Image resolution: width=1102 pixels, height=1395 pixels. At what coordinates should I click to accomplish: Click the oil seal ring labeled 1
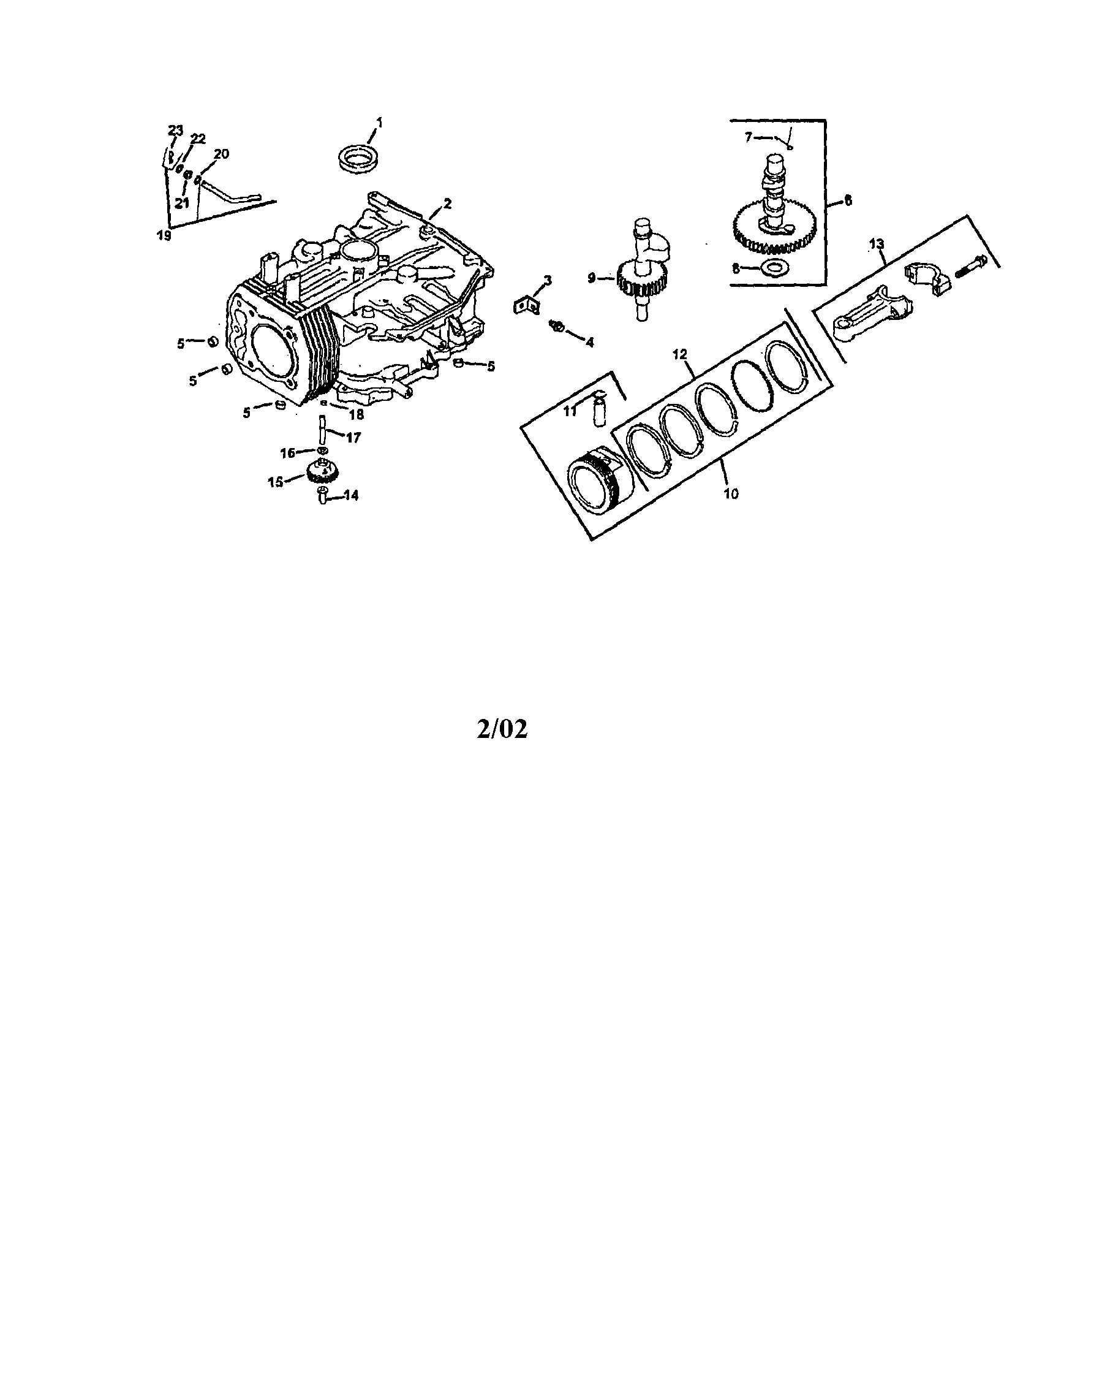pyautogui.click(x=360, y=158)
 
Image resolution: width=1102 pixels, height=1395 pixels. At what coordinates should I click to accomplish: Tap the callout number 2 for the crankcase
pyautogui.click(x=447, y=204)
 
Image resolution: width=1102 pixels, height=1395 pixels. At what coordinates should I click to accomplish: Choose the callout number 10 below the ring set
pyautogui.click(x=731, y=495)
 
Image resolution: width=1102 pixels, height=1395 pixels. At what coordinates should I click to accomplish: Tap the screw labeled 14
pyautogui.click(x=323, y=497)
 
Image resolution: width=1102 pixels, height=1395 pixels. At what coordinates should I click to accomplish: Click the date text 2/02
pyautogui.click(x=501, y=729)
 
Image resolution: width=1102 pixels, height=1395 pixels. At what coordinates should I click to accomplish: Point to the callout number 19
pyautogui.click(x=164, y=235)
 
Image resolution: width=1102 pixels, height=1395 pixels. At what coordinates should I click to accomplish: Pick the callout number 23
pyautogui.click(x=175, y=131)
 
